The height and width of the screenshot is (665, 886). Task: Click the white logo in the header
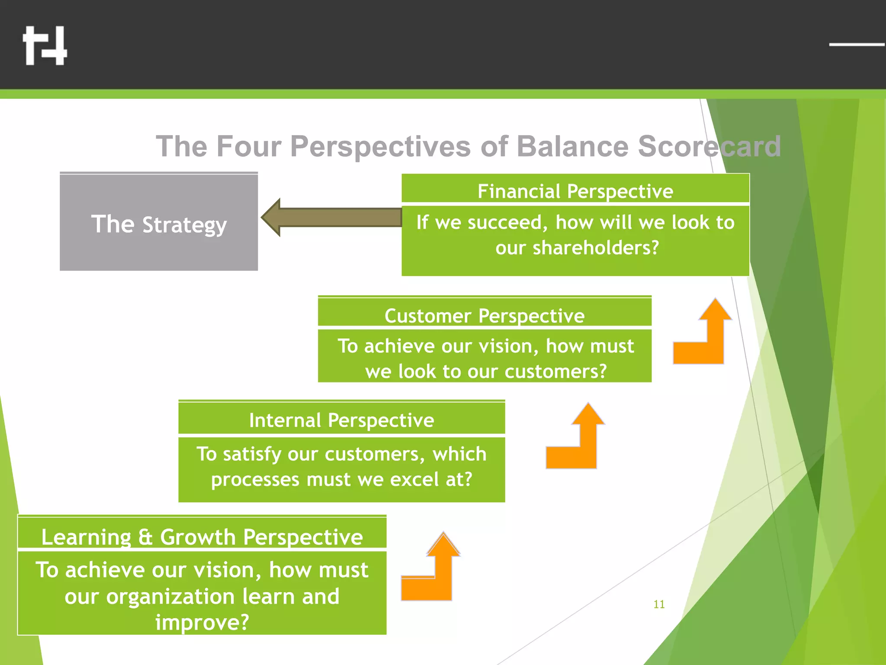click(x=45, y=45)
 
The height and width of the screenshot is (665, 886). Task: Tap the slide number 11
click(x=659, y=604)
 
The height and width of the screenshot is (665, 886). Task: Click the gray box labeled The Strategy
click(x=159, y=222)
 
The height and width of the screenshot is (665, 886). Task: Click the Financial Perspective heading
click(x=575, y=191)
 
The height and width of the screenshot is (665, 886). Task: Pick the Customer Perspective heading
click(x=484, y=316)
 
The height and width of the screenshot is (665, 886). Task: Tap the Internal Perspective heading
click(x=341, y=420)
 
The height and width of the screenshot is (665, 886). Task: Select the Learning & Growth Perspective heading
click(x=202, y=537)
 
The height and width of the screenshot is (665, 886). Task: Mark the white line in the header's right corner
click(x=857, y=44)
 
